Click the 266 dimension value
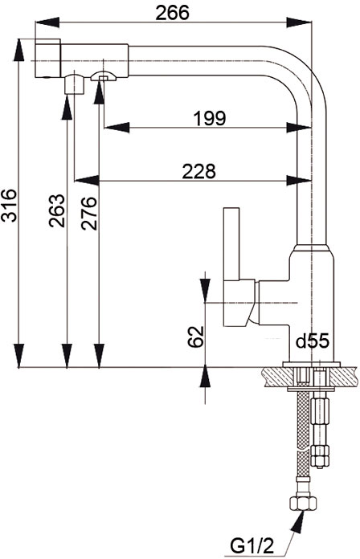pyautogui.click(x=172, y=13)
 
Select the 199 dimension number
pyautogui.click(x=210, y=118)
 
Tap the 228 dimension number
pyautogui.click(x=198, y=172)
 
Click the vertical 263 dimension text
pyautogui.click(x=57, y=210)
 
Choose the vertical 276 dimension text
pyautogui.click(x=88, y=213)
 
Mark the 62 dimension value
pyautogui.click(x=196, y=337)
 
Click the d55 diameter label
pyautogui.click(x=313, y=341)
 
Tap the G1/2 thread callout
pyautogui.click(x=252, y=546)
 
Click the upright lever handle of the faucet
pyautogui.click(x=231, y=243)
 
